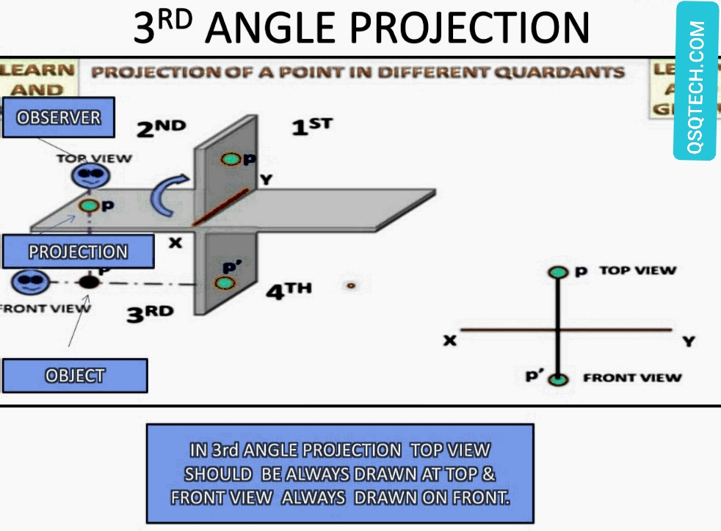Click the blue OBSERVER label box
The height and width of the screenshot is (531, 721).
pyautogui.click(x=59, y=117)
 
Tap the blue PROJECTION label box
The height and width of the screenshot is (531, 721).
pyautogui.click(x=78, y=252)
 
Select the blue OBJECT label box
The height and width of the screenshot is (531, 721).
pyautogui.click(x=75, y=376)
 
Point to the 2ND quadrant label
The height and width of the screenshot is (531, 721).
pyautogui.click(x=161, y=128)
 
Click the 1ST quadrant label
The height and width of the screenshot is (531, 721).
pyautogui.click(x=311, y=126)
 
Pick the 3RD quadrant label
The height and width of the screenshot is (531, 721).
pyautogui.click(x=151, y=314)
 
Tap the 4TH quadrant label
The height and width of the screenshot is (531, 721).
pyautogui.click(x=288, y=291)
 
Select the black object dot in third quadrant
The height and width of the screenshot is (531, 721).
pyautogui.click(x=89, y=281)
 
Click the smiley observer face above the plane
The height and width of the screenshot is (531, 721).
pyautogui.click(x=90, y=175)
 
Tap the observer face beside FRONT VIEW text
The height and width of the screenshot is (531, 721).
pyautogui.click(x=30, y=280)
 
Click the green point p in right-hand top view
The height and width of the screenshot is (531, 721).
pyautogui.click(x=559, y=272)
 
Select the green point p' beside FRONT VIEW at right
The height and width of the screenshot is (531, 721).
pyautogui.click(x=559, y=379)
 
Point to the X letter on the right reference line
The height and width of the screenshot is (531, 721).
pyautogui.click(x=449, y=340)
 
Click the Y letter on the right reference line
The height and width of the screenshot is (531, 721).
pyautogui.click(x=688, y=341)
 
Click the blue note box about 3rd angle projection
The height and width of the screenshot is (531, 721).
pyautogui.click(x=340, y=473)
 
